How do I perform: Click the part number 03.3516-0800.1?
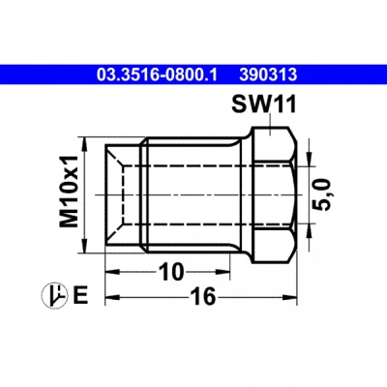tap(157, 74)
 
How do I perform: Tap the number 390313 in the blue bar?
tap(268, 74)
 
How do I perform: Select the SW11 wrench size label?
tap(264, 104)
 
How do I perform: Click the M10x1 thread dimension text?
tap(70, 192)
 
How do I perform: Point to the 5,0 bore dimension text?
tap(323, 195)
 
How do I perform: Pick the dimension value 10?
tap(171, 272)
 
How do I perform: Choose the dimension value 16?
tap(202, 296)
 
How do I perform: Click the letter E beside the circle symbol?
tap(80, 295)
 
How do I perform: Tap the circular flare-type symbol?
tap(54, 295)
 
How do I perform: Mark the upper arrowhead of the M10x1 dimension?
tap(84, 144)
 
